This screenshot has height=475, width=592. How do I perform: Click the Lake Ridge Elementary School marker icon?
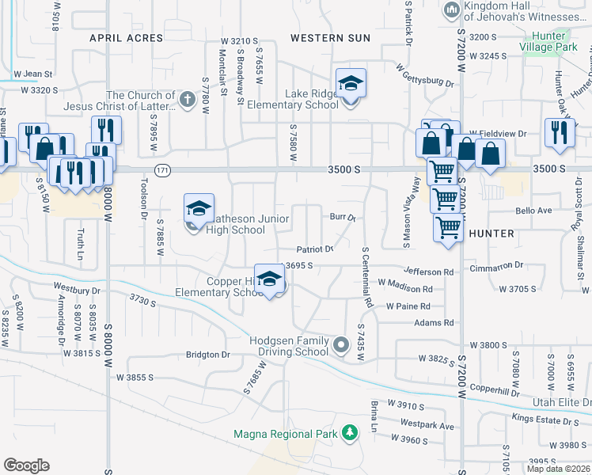pyautogui.click(x=351, y=83)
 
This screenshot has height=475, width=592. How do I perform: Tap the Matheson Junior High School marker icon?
pyautogui.click(x=199, y=209)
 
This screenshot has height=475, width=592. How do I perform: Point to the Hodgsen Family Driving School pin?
pyautogui.click(x=341, y=344)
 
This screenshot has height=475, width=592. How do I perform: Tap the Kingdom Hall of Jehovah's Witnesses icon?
pyautogui.click(x=452, y=9)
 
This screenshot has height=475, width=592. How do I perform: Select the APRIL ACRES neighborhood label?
pyautogui.click(x=120, y=37)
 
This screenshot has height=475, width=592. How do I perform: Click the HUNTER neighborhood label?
pyautogui.click(x=491, y=234)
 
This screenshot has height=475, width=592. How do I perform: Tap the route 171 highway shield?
pyautogui.click(x=162, y=170)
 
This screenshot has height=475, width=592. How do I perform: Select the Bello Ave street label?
pyautogui.click(x=533, y=211)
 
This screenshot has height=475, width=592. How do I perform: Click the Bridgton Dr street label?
pyautogui.click(x=207, y=355)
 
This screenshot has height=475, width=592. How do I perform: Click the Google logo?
pyautogui.click(x=26, y=465)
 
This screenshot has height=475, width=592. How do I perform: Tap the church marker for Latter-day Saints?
pyautogui.click(x=186, y=99)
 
